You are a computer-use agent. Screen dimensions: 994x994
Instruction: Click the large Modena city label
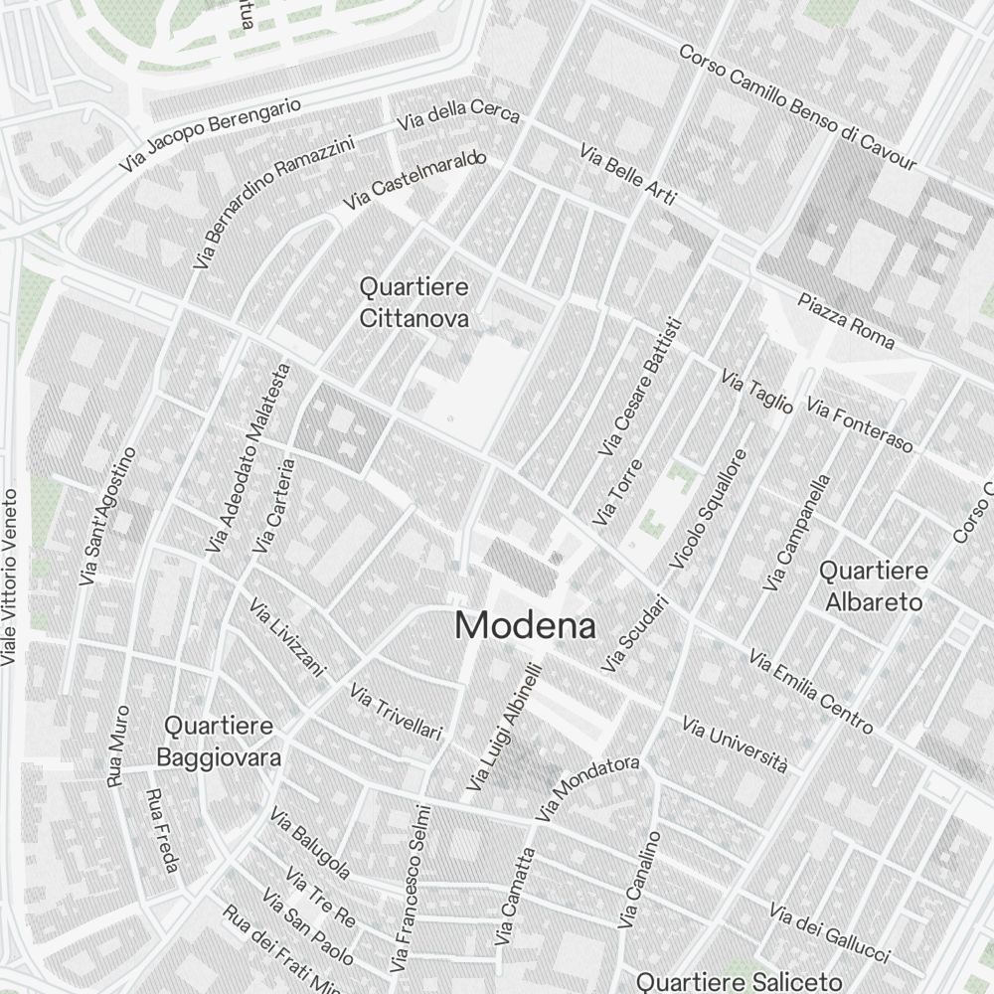pos(526,626)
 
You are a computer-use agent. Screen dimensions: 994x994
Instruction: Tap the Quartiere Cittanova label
pos(414,302)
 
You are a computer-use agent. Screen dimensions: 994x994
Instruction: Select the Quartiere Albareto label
pos(873,586)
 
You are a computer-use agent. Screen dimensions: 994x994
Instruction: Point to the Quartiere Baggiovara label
pos(219,742)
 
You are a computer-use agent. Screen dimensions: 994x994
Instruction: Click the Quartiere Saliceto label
pos(740,982)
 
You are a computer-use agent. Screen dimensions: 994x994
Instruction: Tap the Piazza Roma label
pos(846,321)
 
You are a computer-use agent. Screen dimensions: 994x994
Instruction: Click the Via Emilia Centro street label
pos(811,692)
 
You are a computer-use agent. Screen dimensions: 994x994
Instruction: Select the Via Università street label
pos(735,745)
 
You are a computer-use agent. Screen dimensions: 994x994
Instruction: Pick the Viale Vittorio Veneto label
pos(10,577)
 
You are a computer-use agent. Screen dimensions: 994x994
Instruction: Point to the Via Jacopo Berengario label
pos(209,134)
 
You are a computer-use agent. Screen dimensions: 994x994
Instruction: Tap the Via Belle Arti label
pos(627,175)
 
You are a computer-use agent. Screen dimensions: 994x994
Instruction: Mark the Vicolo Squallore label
pos(708,510)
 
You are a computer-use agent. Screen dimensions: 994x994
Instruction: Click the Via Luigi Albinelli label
pos(502,728)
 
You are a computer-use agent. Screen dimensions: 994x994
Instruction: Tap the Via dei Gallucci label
pos(829,934)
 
